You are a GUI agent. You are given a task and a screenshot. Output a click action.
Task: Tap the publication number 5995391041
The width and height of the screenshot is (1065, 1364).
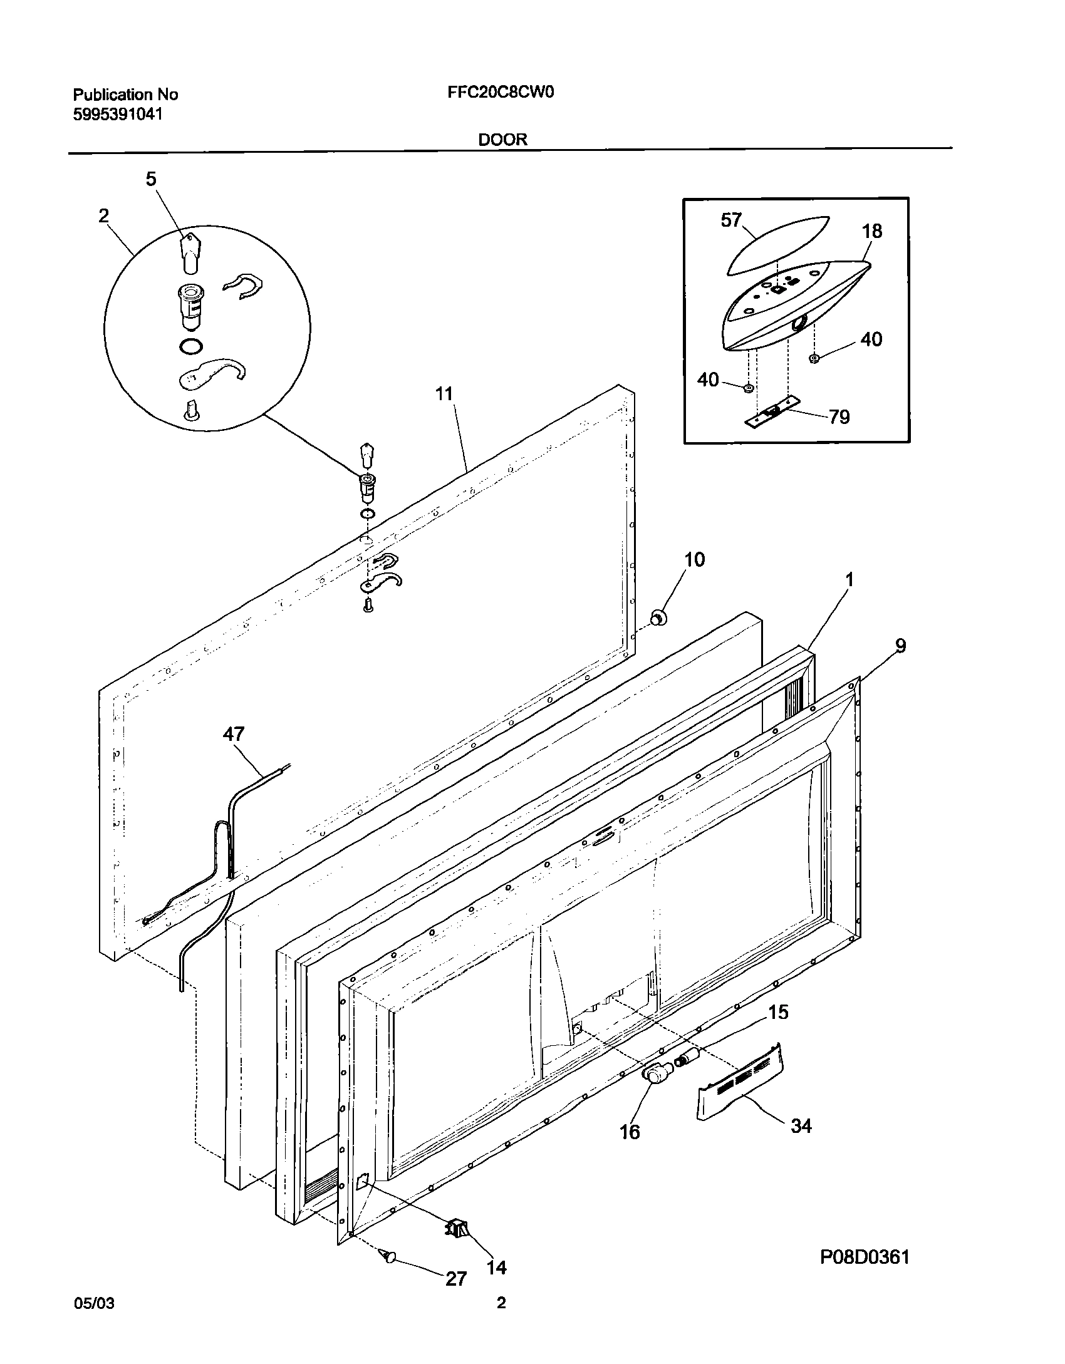point(118,114)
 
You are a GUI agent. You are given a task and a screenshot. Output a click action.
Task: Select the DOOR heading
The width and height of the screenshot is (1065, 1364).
point(502,140)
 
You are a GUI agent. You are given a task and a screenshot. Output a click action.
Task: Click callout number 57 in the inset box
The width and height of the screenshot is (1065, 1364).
point(731,220)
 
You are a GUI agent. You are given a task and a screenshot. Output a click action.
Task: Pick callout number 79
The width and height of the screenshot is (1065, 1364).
point(839,416)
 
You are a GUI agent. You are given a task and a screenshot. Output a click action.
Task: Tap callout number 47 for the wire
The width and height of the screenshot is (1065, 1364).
point(234,734)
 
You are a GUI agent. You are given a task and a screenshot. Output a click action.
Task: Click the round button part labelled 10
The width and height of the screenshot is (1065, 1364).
point(658,618)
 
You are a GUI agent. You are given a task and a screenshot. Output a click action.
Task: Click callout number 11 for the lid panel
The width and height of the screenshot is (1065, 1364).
point(444,394)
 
